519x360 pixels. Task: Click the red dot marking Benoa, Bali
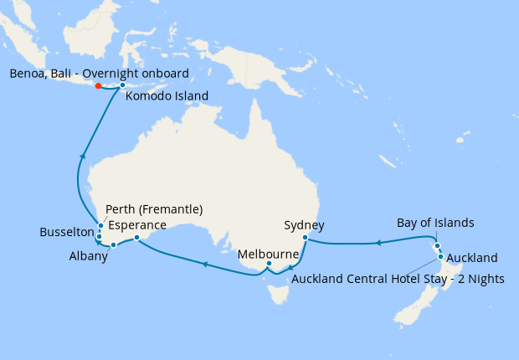pyautogui.click(x=99, y=85)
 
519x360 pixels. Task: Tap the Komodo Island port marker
pyautogui.click(x=122, y=85)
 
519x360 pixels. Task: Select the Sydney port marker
pyautogui.click(x=306, y=238)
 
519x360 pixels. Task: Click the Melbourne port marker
pyautogui.click(x=268, y=265)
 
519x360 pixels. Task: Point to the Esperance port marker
pyautogui.click(x=136, y=238)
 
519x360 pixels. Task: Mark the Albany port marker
pyautogui.click(x=114, y=245)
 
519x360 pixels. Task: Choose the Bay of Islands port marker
pyautogui.click(x=437, y=245)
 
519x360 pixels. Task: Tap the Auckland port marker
pyautogui.click(x=440, y=256)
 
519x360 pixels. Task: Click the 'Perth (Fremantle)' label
pyautogui.click(x=156, y=209)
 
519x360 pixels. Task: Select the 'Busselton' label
pyautogui.click(x=68, y=232)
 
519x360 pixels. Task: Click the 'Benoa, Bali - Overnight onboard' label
pyautogui.click(x=99, y=73)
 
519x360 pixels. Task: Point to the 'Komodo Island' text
pyautogui.click(x=167, y=96)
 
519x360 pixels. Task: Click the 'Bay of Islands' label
pyautogui.click(x=435, y=223)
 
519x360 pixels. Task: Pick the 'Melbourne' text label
pyautogui.click(x=268, y=253)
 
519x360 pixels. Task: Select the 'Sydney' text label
pyautogui.click(x=305, y=225)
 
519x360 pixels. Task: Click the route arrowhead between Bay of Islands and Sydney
pyautogui.click(x=378, y=243)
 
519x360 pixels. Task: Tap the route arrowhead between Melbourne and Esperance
pyautogui.click(x=203, y=265)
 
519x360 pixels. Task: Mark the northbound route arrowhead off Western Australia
pyautogui.click(x=82, y=155)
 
